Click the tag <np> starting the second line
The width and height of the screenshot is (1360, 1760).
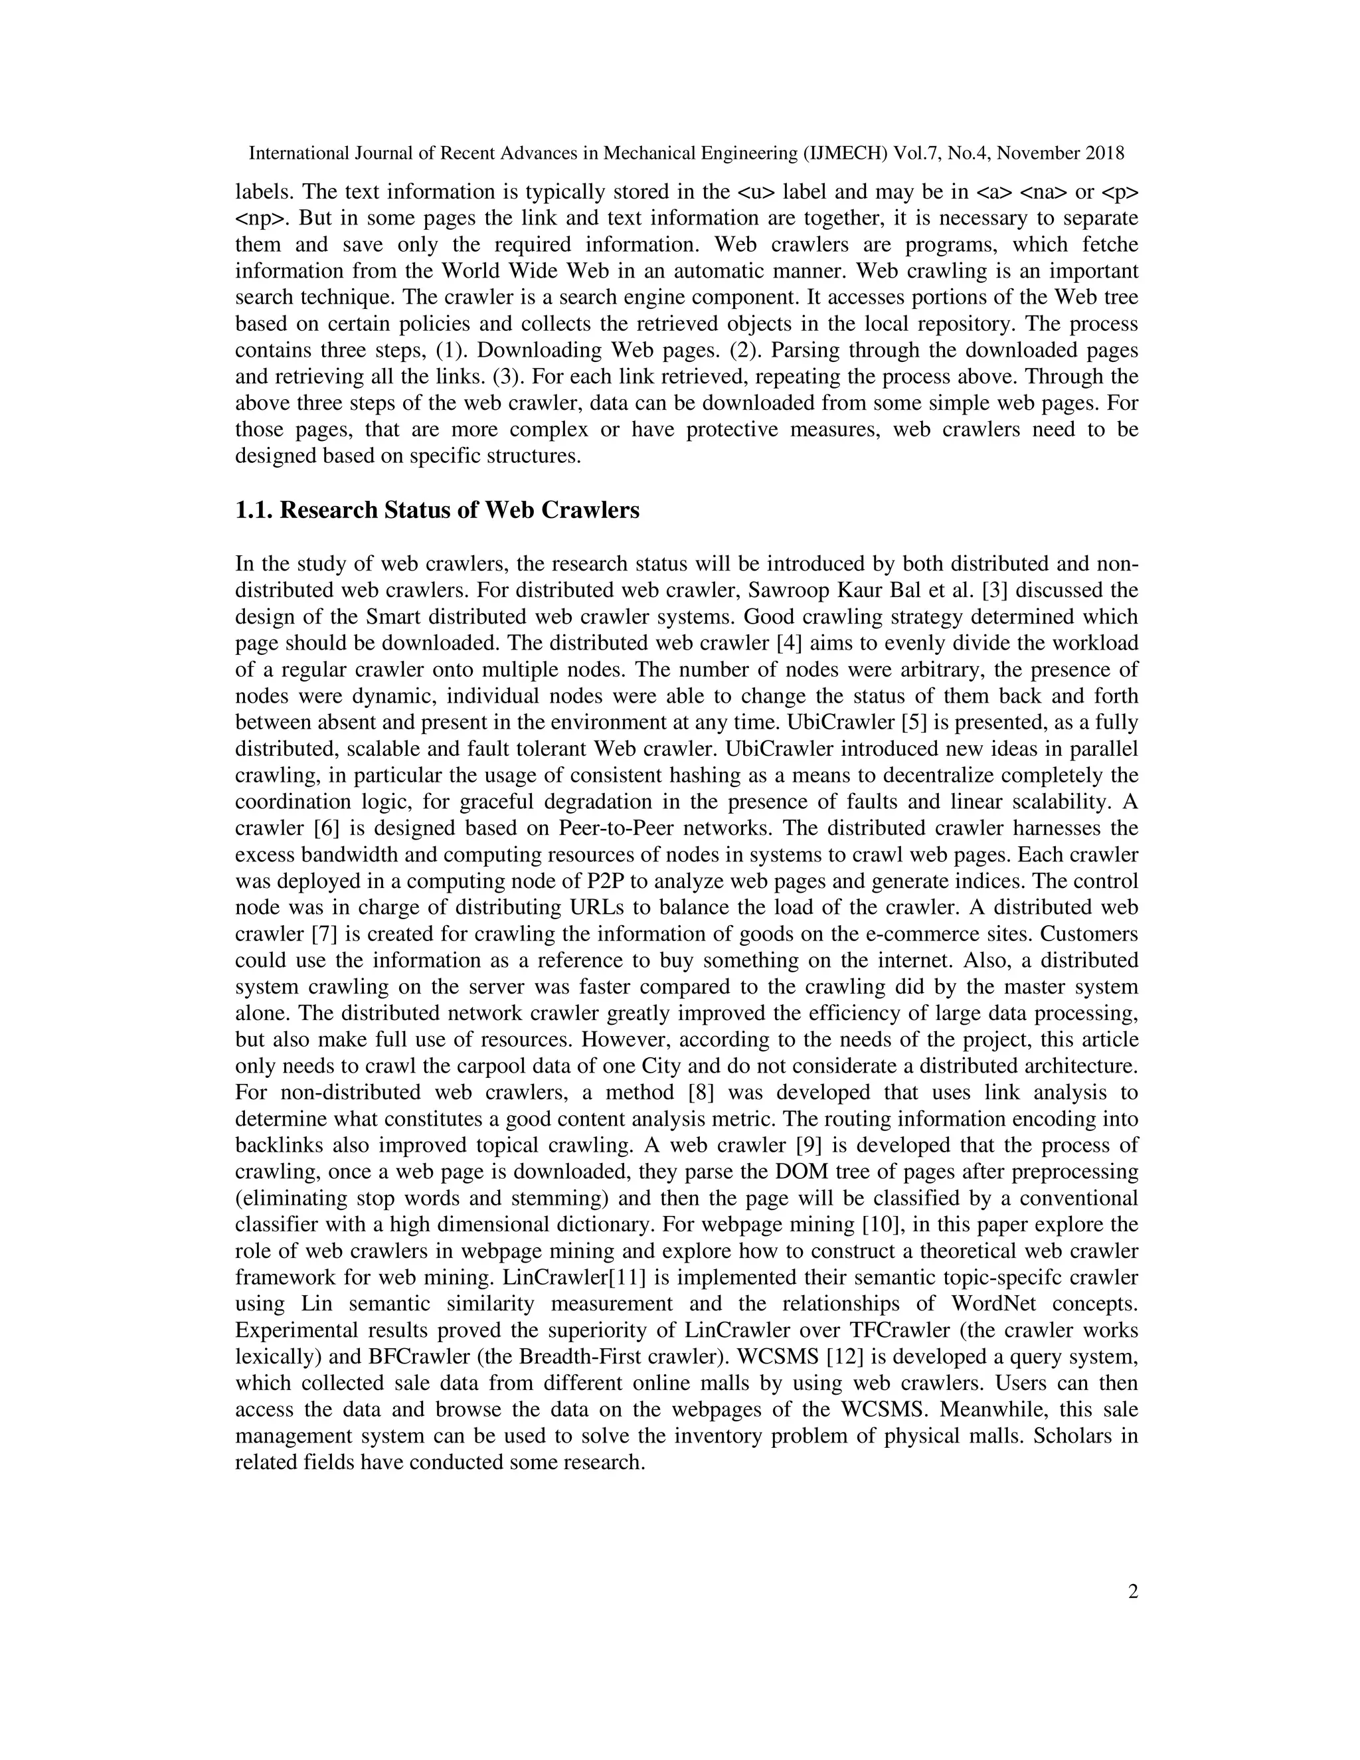254,219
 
